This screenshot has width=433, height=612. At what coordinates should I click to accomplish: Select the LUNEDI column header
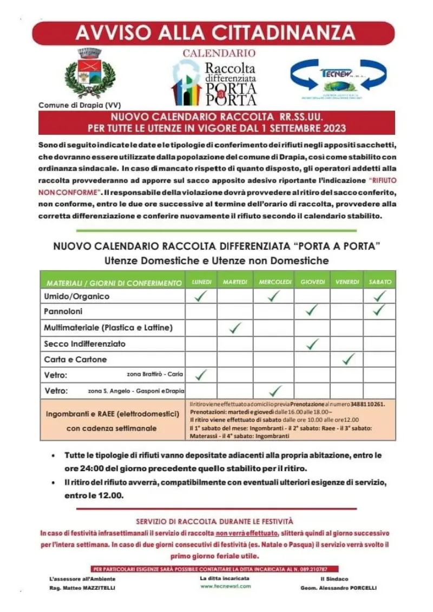(201, 282)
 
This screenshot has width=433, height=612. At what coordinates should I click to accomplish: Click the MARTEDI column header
(235, 282)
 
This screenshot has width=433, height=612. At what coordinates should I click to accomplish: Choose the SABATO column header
(380, 282)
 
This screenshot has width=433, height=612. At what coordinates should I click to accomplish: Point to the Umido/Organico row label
(76, 296)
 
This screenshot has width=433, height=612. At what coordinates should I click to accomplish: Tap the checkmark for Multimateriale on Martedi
(235, 327)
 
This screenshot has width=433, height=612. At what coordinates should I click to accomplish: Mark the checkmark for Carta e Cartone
(349, 359)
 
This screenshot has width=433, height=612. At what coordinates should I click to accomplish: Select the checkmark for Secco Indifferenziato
(311, 343)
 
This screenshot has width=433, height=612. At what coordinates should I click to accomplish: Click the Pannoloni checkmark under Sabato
(380, 310)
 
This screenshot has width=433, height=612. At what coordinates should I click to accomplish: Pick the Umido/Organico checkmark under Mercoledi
(274, 296)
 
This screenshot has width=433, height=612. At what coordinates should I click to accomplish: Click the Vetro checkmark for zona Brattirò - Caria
(201, 374)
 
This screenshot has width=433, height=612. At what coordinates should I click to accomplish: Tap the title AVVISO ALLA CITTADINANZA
(215, 33)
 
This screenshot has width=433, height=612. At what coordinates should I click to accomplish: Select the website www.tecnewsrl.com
(225, 586)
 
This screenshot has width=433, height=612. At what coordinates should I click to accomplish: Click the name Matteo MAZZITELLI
(89, 588)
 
